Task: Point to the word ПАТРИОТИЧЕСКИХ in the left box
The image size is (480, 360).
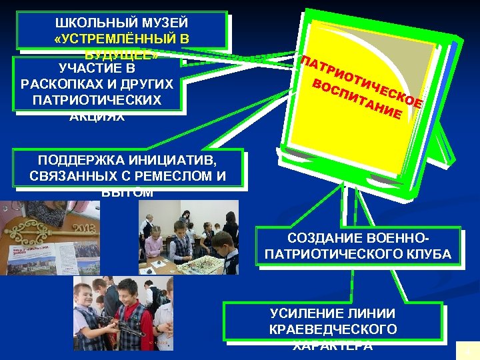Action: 98,100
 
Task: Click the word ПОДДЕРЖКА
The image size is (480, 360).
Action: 75,161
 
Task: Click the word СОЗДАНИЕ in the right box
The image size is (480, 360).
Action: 321,238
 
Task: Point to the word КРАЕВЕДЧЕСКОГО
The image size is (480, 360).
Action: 333,329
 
